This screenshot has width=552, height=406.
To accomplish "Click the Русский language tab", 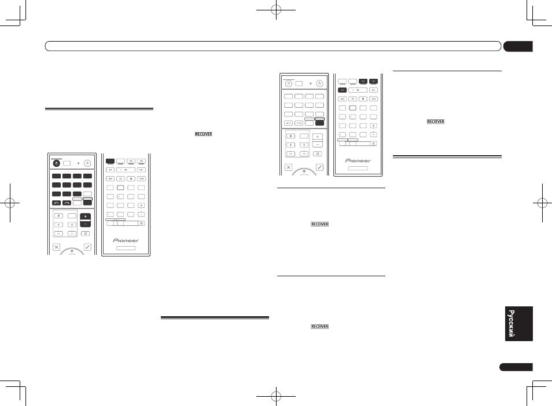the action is [518, 324].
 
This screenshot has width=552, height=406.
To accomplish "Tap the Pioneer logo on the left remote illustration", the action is [126, 240].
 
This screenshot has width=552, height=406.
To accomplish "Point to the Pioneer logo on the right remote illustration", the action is [358, 160].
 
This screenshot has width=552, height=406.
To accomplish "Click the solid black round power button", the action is [56, 163].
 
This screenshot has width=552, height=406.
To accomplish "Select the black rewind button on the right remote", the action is [342, 90].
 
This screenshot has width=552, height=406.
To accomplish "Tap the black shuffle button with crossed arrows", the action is [373, 82].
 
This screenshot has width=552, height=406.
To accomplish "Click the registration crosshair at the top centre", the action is [276, 10].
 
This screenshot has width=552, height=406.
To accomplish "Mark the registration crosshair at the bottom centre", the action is [276, 396].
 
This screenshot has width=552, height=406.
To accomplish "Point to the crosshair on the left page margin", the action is [10, 203].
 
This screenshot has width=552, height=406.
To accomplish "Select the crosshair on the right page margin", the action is [542, 203].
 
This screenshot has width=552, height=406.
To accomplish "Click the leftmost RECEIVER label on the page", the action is [204, 134].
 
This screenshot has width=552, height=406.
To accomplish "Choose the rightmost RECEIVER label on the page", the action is [436, 122].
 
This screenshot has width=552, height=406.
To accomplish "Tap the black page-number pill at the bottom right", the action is [516, 367].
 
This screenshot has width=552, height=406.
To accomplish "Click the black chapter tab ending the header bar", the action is [518, 46].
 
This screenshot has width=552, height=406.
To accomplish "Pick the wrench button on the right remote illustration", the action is [319, 167].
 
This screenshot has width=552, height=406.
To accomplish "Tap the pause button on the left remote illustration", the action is [120, 179].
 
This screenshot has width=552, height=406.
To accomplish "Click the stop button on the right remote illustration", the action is [363, 99].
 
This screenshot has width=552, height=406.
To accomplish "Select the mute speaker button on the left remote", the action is [85, 233].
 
